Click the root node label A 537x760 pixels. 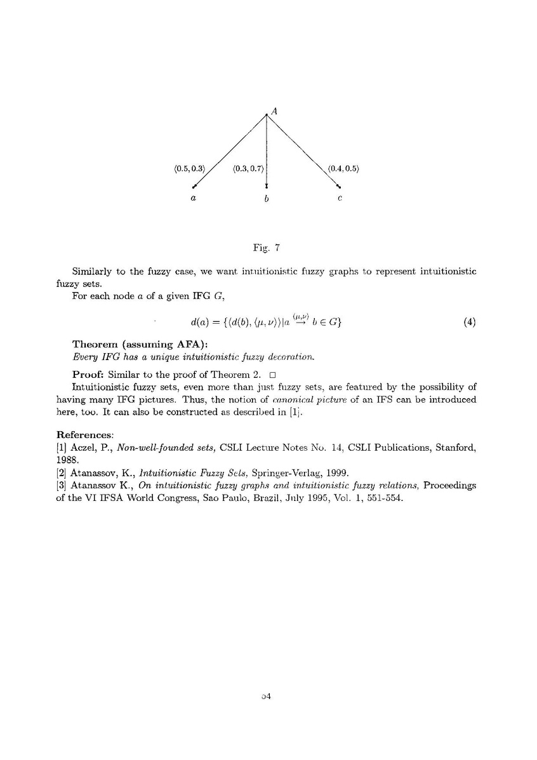click(274, 110)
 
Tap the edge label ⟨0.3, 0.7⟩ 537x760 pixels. click(248, 168)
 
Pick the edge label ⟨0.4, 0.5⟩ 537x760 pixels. click(343, 168)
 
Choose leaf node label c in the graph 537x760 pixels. click(340, 199)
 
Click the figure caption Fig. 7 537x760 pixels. click(267, 243)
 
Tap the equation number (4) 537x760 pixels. click(470, 321)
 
